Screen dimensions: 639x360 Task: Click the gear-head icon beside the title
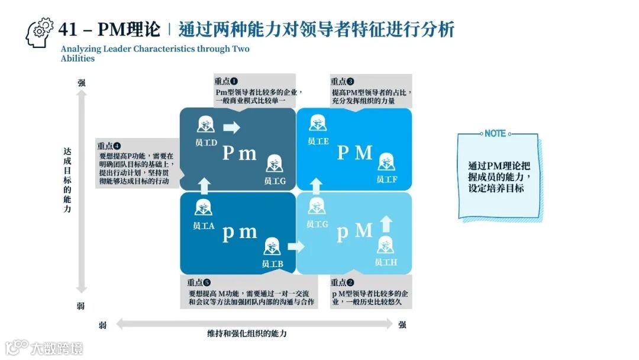pos(40,33)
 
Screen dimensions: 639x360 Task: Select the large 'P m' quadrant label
pos(240,153)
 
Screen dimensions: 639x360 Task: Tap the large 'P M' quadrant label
pos(355,153)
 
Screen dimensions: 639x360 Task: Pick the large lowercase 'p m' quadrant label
pos(240,232)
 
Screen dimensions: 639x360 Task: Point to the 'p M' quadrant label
pos(354,231)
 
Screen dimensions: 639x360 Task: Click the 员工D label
pos(206,143)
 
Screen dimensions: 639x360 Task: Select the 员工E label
pos(318,141)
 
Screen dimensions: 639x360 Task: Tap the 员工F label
pos(386,179)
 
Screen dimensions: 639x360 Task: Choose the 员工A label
pos(204,226)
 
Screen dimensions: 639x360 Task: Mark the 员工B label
pos(272,263)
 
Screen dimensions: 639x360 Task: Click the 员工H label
pos(386,262)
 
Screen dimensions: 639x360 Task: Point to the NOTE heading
pos(495,134)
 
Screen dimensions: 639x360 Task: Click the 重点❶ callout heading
pos(226,81)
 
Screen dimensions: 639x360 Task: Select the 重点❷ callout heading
pos(343,282)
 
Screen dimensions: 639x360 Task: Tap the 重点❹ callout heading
pos(109,146)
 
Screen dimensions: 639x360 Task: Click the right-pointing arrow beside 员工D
pos(232,127)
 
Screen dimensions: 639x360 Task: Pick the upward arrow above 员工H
pos(386,223)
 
